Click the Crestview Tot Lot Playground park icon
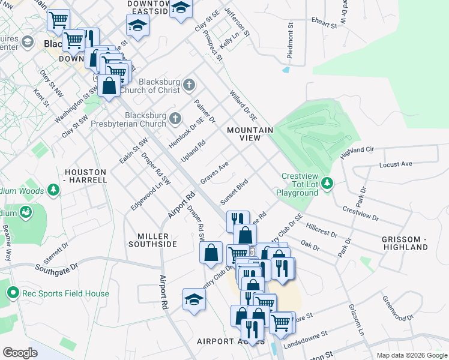point(327,182)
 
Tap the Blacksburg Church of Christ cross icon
point(190,83)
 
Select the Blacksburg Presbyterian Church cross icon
point(175,117)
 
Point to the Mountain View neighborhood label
point(250,134)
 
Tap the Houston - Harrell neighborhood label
point(85,176)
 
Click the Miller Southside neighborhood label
point(153,240)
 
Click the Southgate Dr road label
point(57,264)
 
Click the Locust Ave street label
point(396,164)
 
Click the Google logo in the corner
point(20,353)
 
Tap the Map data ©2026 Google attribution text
point(411,355)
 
